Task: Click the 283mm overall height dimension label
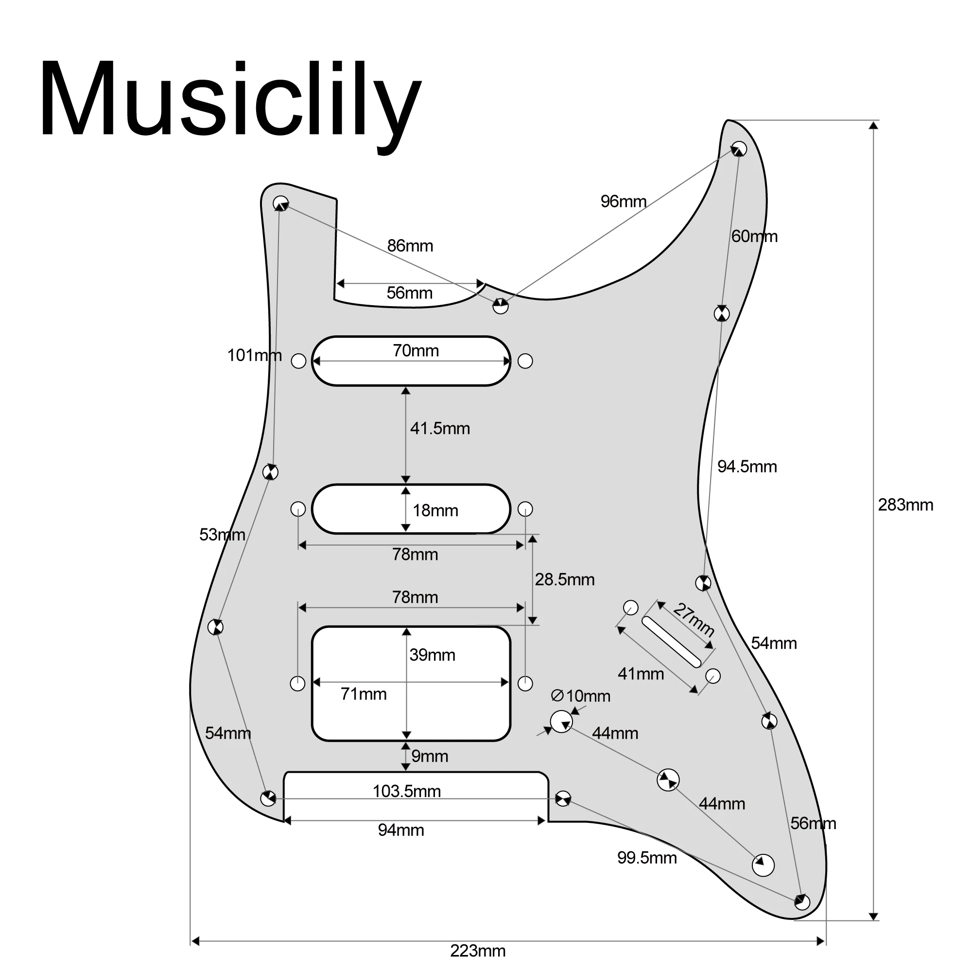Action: click(x=905, y=504)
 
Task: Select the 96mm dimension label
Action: click(x=623, y=202)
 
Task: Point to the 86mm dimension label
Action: click(x=410, y=246)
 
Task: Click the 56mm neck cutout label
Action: click(x=409, y=293)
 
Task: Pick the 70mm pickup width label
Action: click(x=416, y=351)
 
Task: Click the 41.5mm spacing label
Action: click(x=440, y=429)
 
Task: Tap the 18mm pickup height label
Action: click(x=435, y=511)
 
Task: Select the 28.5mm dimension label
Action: click(x=564, y=580)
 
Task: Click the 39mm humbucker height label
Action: click(x=432, y=655)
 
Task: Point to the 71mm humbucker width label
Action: click(x=363, y=694)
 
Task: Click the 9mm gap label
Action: click(x=429, y=756)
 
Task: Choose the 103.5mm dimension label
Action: click(x=406, y=791)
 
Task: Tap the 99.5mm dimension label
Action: click(x=646, y=858)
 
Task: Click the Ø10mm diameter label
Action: click(x=581, y=696)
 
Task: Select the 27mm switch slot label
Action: click(x=694, y=619)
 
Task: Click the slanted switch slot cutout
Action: click(x=671, y=642)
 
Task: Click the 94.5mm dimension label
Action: click(x=746, y=467)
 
